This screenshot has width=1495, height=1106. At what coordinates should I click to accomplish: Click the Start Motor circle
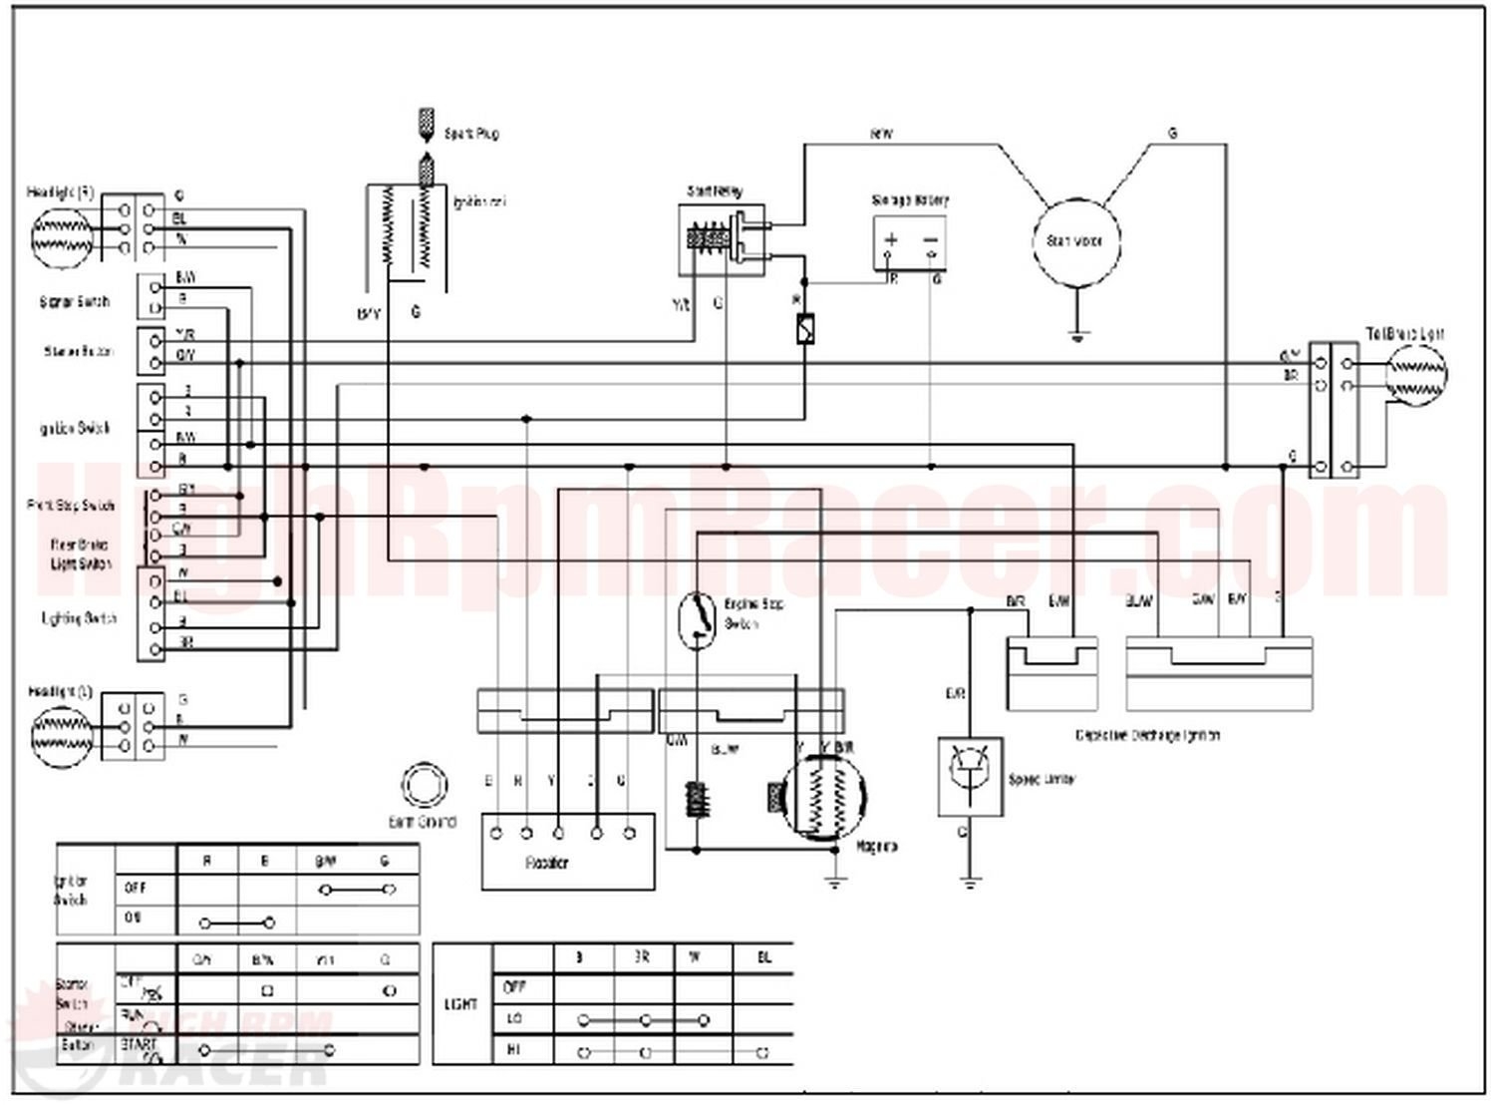coord(1075,240)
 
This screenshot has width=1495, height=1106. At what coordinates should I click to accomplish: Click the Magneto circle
coord(822,799)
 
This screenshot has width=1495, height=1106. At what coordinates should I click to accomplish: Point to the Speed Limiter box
coord(970,777)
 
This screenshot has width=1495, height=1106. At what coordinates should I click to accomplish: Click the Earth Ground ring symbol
coord(424,787)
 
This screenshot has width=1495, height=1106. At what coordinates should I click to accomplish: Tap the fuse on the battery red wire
coord(805,329)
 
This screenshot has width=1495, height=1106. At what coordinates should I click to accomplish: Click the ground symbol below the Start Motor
coord(1076,335)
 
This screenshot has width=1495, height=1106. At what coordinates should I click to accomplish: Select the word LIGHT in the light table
coord(462,1004)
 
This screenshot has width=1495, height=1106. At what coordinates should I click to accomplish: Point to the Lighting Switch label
coord(79,618)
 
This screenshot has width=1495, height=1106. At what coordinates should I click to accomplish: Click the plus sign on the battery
coord(892,239)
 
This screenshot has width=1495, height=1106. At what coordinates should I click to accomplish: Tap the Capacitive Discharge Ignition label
coord(1147,735)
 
